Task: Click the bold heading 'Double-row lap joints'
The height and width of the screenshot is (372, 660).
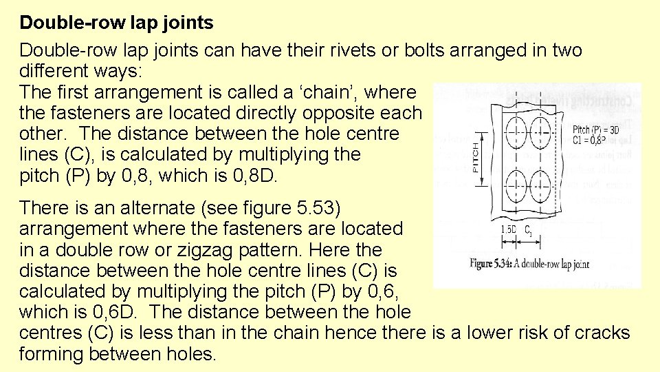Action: (x=116, y=23)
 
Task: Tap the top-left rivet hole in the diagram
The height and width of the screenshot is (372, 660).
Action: (x=513, y=129)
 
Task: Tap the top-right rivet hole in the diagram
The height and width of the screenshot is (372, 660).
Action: (x=538, y=129)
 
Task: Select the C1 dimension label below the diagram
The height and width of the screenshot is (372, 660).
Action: (x=528, y=231)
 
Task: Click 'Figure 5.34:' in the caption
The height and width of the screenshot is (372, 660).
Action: (x=493, y=264)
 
